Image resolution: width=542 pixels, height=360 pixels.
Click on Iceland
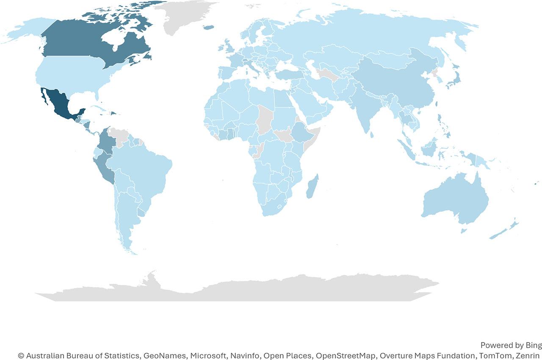click(x=208, y=28)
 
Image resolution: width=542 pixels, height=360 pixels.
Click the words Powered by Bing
click(x=511, y=345)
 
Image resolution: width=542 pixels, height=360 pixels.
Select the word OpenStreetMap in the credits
click(x=343, y=355)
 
